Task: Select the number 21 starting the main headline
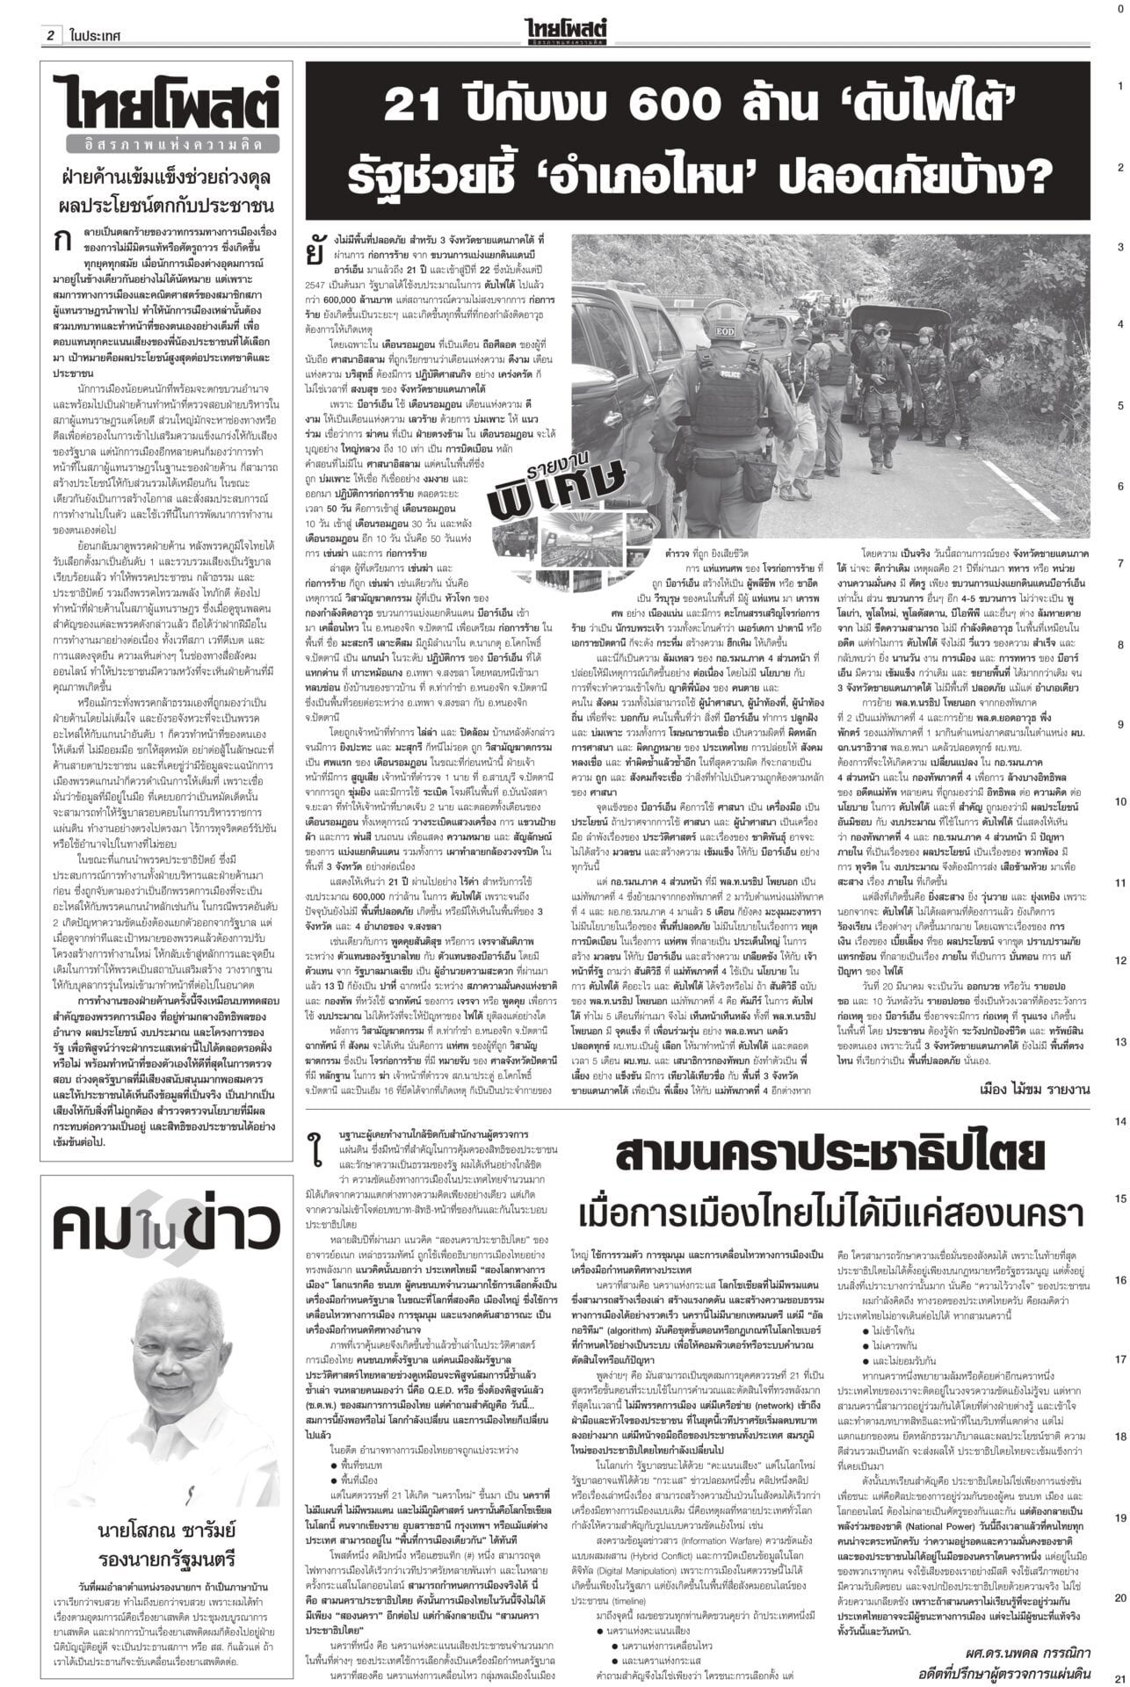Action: click(x=417, y=109)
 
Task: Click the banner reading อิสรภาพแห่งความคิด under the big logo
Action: click(x=165, y=143)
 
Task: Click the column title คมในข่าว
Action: click(x=165, y=1226)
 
